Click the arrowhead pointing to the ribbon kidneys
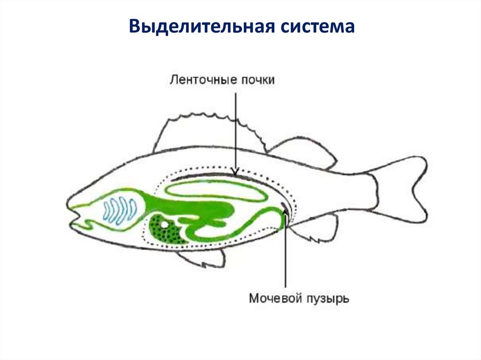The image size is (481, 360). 236,170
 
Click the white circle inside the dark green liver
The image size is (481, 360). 164,225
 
